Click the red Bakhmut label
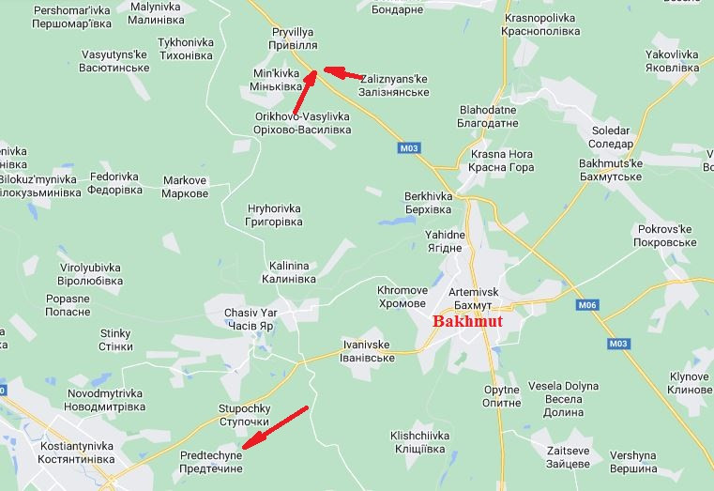[467, 321]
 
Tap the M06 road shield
[587, 305]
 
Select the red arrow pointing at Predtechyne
[274, 427]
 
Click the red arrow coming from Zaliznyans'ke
[344, 72]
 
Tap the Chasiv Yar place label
[249, 318]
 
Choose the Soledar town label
[611, 137]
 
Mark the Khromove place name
[403, 297]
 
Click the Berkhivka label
[428, 202]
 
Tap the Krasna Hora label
[502, 161]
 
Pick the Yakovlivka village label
[672, 61]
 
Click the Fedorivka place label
[116, 183]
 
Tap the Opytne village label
[502, 396]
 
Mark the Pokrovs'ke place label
[664, 236]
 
